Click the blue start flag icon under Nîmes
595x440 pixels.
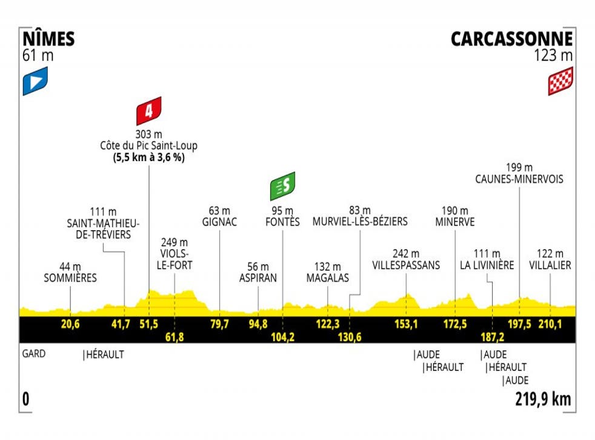tap(35, 83)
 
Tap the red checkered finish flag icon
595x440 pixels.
tap(560, 81)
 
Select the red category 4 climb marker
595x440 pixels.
tap(148, 111)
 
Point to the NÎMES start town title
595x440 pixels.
tap(49, 39)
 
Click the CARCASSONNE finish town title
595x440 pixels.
tap(511, 39)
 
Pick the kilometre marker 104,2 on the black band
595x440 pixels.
tap(282, 336)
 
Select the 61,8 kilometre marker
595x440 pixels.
tap(175, 336)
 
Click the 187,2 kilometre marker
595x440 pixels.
tap(492, 336)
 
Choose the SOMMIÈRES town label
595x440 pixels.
tap(70, 278)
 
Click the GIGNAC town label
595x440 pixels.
tap(220, 222)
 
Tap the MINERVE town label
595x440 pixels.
tap(454, 222)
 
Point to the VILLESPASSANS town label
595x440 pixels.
tap(406, 265)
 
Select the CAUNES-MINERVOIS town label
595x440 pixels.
tap(520, 179)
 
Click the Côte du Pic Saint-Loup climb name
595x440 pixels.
tap(149, 145)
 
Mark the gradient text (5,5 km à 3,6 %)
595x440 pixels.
tap(149, 157)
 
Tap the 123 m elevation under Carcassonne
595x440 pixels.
tap(553, 56)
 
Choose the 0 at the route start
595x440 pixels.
tap(26, 399)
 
